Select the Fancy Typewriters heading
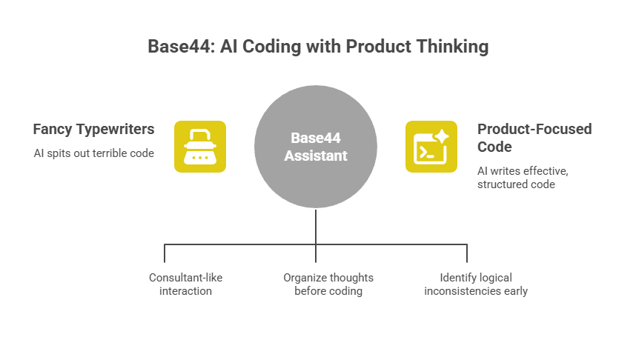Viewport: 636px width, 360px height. click(x=93, y=129)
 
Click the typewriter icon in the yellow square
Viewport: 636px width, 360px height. click(x=200, y=147)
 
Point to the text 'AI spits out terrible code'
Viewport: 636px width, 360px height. click(x=93, y=153)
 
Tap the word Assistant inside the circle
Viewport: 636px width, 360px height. click(x=316, y=156)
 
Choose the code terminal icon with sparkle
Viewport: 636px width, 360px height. click(x=431, y=147)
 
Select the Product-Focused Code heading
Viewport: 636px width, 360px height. click(x=523, y=137)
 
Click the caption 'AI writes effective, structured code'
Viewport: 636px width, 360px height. click(x=523, y=177)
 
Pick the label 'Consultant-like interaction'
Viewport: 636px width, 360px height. click(x=185, y=284)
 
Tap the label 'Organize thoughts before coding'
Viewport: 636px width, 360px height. click(x=328, y=284)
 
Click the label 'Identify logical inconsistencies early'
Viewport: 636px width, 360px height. click(x=475, y=284)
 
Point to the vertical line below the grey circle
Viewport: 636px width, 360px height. click(x=317, y=226)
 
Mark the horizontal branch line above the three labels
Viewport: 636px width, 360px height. click(x=245, y=244)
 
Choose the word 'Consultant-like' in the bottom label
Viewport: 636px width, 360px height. click(x=185, y=278)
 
